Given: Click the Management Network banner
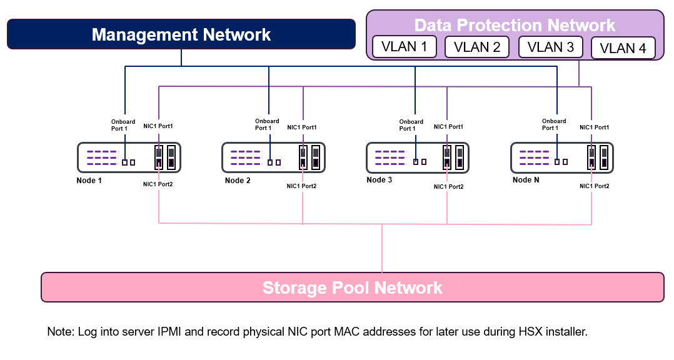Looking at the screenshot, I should [x=181, y=34].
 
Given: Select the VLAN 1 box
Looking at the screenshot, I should [x=404, y=47].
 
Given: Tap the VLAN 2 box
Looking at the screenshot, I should [x=477, y=47].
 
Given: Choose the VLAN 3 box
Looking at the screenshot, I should [x=550, y=47].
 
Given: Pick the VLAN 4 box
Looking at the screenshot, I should [x=623, y=48].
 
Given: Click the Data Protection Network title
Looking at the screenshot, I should [x=515, y=25].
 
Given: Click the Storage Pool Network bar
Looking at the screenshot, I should [x=352, y=287].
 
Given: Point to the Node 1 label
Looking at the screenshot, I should [x=89, y=180].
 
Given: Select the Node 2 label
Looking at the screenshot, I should [x=238, y=181].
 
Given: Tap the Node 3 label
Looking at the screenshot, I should [x=380, y=180].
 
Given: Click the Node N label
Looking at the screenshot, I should [x=526, y=180].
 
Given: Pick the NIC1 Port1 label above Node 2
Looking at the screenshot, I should [x=302, y=127].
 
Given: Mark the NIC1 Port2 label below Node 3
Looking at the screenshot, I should [x=449, y=186].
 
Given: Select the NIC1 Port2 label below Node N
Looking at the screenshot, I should [x=594, y=186].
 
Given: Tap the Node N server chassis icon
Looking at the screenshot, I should [x=561, y=157].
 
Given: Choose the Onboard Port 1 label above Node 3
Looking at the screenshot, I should [x=411, y=125].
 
